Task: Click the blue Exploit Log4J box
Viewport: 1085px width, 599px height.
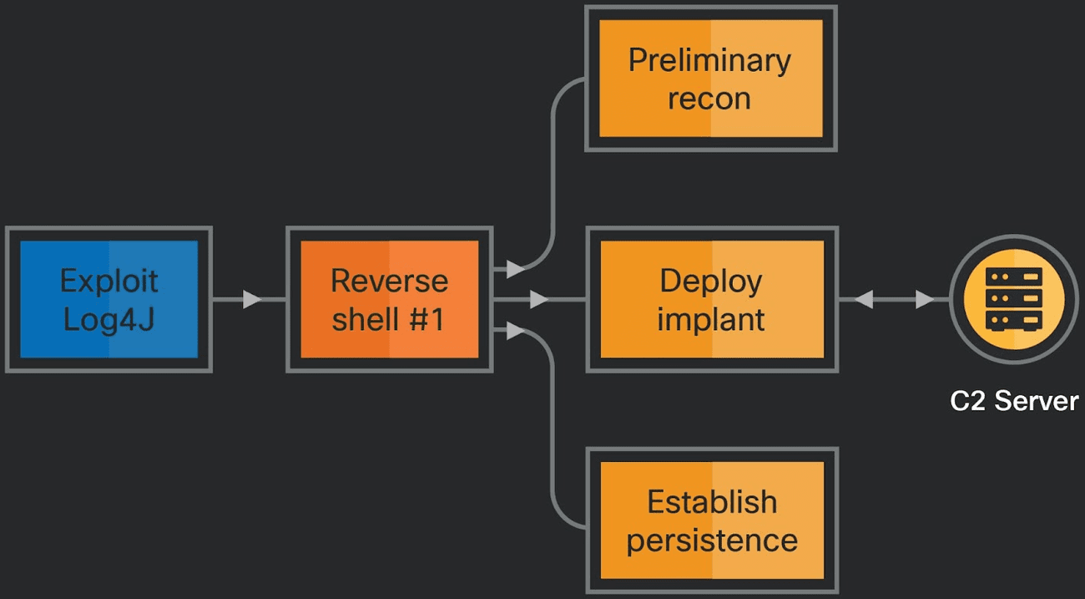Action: tap(108, 299)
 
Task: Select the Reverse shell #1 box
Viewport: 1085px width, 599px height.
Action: tap(389, 299)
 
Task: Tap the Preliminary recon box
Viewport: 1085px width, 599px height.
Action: tap(710, 79)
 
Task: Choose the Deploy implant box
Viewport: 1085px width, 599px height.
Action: tap(711, 299)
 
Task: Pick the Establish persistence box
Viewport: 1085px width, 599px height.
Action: tap(711, 520)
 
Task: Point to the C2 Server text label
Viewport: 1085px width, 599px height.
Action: tap(1014, 401)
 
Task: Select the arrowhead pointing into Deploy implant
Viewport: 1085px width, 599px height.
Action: tap(539, 299)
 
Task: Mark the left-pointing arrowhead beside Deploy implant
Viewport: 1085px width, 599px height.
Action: tap(863, 299)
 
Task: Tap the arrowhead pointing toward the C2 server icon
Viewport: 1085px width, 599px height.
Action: tap(925, 299)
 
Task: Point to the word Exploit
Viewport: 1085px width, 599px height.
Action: tap(108, 281)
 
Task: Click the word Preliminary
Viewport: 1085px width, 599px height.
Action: tap(710, 60)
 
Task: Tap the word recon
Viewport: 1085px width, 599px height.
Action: tap(710, 99)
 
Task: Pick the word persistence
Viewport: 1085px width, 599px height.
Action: tap(712, 540)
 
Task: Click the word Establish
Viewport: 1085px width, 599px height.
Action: tap(712, 501)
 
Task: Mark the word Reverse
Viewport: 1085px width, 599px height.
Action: tap(389, 281)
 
